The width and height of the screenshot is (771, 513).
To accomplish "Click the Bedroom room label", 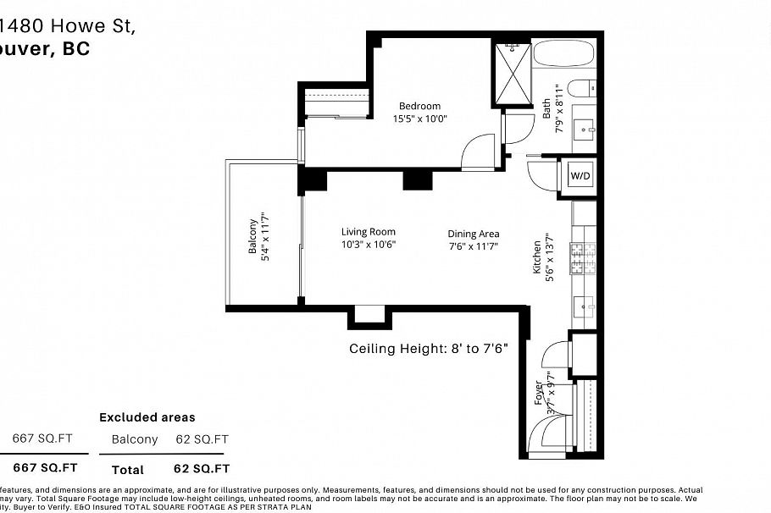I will (x=419, y=106).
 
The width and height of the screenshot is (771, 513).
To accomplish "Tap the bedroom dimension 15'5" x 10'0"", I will (x=419, y=119).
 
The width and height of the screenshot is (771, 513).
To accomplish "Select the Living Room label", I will (x=368, y=232).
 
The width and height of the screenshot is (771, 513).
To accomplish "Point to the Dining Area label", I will (x=474, y=234).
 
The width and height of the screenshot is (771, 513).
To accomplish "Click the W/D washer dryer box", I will (x=580, y=176).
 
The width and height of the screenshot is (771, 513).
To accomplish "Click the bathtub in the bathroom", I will (x=563, y=54).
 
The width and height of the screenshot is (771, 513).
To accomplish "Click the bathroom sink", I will (x=584, y=130).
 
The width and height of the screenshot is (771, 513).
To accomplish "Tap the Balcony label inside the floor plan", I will (x=252, y=240).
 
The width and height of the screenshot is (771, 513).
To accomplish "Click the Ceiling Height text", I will (x=428, y=349).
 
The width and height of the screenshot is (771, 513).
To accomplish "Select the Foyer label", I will (x=539, y=394).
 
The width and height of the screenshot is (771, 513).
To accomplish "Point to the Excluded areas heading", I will (x=147, y=417).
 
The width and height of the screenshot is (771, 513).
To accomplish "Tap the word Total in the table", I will (x=127, y=469).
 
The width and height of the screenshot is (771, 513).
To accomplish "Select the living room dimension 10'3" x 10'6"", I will (x=368, y=245).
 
